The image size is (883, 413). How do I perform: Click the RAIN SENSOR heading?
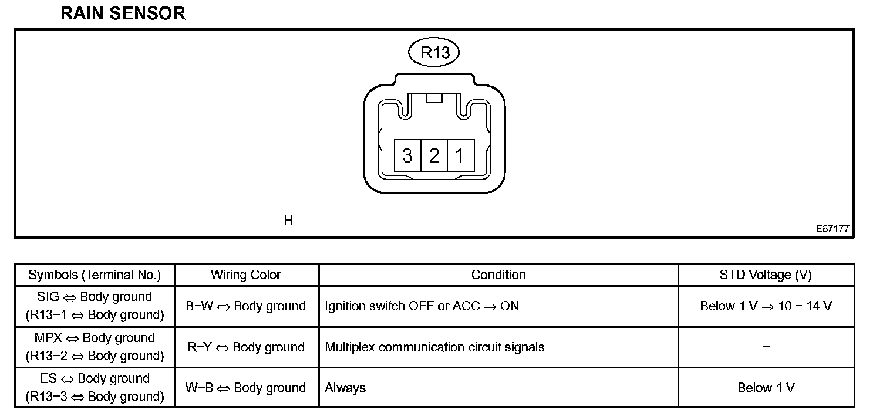(x=123, y=13)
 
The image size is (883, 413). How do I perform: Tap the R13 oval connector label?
(x=434, y=53)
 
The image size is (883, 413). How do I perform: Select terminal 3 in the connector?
(x=407, y=156)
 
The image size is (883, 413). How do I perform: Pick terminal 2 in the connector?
(x=434, y=156)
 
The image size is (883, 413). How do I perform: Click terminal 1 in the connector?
(x=460, y=156)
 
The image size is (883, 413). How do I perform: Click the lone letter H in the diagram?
(x=288, y=221)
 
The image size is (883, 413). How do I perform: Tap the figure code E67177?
(x=832, y=229)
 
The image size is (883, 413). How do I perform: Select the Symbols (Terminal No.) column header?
(x=95, y=275)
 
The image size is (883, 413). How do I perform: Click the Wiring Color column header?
(x=246, y=275)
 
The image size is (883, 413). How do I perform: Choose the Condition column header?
(x=498, y=275)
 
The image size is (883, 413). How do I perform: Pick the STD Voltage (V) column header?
(x=766, y=275)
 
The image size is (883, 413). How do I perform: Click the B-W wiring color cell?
(x=246, y=306)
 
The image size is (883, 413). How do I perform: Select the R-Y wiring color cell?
(x=246, y=347)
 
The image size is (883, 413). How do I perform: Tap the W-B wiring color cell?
(x=246, y=388)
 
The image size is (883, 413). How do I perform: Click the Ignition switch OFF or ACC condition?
(x=422, y=306)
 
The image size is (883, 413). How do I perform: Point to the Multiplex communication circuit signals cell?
(x=434, y=347)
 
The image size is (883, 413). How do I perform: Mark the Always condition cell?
(x=345, y=388)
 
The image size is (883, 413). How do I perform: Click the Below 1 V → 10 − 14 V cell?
(x=766, y=306)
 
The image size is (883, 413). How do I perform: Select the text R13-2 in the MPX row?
(x=46, y=356)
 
